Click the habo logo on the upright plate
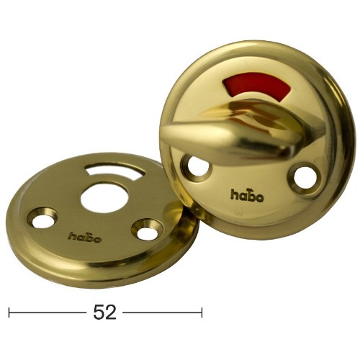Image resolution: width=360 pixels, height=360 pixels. coord(247,195)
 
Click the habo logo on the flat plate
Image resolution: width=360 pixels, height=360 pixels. coord(84,237)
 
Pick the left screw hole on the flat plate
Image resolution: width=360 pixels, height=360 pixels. coord(42,218)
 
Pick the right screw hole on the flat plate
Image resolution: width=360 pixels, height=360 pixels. coord(147,230)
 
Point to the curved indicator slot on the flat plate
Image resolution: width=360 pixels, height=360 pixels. coord(115,169)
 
